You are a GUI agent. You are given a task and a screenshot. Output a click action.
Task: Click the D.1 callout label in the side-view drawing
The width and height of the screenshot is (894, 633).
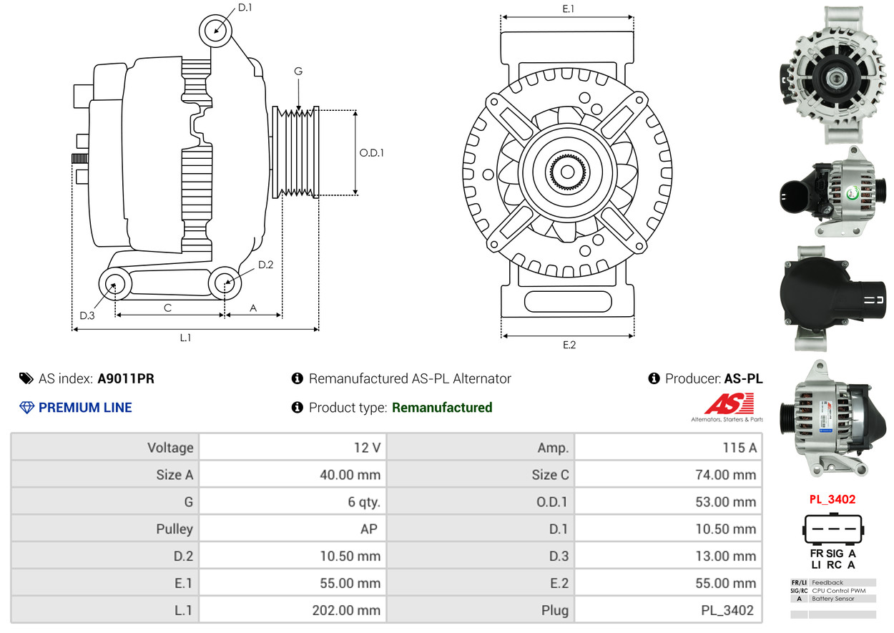click(x=245, y=8)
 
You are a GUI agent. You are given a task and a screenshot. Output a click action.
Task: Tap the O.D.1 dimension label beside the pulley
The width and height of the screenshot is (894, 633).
click(x=371, y=153)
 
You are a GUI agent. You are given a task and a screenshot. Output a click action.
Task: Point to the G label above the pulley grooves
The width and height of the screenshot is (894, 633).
click(x=298, y=71)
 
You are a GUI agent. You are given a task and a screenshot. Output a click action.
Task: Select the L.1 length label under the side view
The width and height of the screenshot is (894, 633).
click(x=185, y=338)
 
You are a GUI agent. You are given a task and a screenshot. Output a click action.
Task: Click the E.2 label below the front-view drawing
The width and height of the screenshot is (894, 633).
click(x=569, y=345)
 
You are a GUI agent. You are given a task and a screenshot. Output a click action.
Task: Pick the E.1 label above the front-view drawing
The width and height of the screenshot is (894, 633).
click(x=568, y=9)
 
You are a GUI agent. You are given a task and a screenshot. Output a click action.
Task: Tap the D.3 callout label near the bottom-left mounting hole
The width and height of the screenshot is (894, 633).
click(x=87, y=315)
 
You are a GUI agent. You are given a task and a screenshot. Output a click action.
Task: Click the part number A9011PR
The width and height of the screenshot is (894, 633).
click(x=126, y=378)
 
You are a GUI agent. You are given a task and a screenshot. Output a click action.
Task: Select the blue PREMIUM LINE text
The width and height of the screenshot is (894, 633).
click(x=85, y=408)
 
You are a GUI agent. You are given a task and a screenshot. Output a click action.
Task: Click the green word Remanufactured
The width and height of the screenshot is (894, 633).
click(x=442, y=408)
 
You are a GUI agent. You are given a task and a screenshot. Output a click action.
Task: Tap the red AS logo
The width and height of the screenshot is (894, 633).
click(x=729, y=403)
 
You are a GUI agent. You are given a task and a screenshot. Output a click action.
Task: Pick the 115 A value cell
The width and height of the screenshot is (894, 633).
click(x=740, y=448)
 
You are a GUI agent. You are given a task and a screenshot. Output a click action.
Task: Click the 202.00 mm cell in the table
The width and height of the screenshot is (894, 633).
click(x=346, y=610)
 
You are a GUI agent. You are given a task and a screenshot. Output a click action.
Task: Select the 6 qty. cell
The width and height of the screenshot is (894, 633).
click(x=364, y=501)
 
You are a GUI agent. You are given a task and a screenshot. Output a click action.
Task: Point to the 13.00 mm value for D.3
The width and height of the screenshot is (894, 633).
click(x=726, y=556)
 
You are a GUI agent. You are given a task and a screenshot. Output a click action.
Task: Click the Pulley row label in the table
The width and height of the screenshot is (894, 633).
click(x=175, y=529)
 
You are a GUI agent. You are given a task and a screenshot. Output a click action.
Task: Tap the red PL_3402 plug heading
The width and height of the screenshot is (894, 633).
click(x=832, y=499)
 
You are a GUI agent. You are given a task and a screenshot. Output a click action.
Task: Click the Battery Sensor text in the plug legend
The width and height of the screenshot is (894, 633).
click(x=833, y=599)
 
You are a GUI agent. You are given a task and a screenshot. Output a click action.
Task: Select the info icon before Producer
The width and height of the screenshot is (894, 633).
click(x=654, y=378)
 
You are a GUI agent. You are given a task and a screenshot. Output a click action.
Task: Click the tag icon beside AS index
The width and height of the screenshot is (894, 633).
click(x=26, y=378)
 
